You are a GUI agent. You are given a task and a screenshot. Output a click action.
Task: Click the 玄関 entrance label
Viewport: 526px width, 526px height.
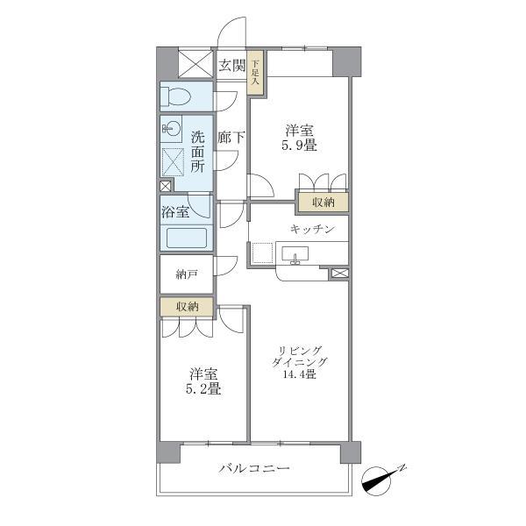click(231, 66)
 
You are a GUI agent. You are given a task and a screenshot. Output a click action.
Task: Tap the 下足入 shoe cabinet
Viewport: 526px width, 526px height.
click(255, 72)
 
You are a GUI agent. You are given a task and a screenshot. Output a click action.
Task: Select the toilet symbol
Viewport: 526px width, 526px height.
click(175, 96)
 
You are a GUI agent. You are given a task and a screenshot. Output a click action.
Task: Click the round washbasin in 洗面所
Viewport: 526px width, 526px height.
click(172, 128)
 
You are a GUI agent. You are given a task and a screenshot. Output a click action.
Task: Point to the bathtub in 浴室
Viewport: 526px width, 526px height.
click(187, 238)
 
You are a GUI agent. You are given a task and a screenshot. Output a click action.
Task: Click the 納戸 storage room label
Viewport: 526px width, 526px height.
click(186, 274)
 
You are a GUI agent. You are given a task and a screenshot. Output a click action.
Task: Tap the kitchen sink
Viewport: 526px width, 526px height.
click(295, 254)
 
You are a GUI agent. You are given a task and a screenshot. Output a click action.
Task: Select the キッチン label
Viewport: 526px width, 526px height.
click(313, 229)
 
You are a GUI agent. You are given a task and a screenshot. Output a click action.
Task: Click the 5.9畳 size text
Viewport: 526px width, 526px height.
click(299, 146)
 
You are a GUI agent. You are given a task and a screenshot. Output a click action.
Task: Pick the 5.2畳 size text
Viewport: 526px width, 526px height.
click(203, 388)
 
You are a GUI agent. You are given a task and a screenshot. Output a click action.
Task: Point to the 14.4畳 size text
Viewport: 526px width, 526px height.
click(299, 373)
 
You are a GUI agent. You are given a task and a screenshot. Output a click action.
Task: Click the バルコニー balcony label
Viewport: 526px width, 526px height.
click(254, 468)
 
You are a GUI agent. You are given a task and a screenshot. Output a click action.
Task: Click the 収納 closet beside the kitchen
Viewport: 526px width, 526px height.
click(323, 202)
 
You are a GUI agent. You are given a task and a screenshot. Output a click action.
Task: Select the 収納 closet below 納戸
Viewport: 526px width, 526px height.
click(187, 306)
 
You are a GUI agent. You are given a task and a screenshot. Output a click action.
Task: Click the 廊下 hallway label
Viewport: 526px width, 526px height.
click(231, 138)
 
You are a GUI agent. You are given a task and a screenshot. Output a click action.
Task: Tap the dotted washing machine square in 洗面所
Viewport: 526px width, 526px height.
click(173, 162)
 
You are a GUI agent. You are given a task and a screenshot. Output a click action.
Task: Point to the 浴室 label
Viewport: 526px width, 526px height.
click(175, 212)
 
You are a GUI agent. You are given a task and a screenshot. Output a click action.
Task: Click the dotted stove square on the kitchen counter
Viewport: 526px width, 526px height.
click(262, 253)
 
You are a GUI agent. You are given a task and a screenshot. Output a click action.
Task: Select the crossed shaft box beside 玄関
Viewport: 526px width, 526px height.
click(195, 64)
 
